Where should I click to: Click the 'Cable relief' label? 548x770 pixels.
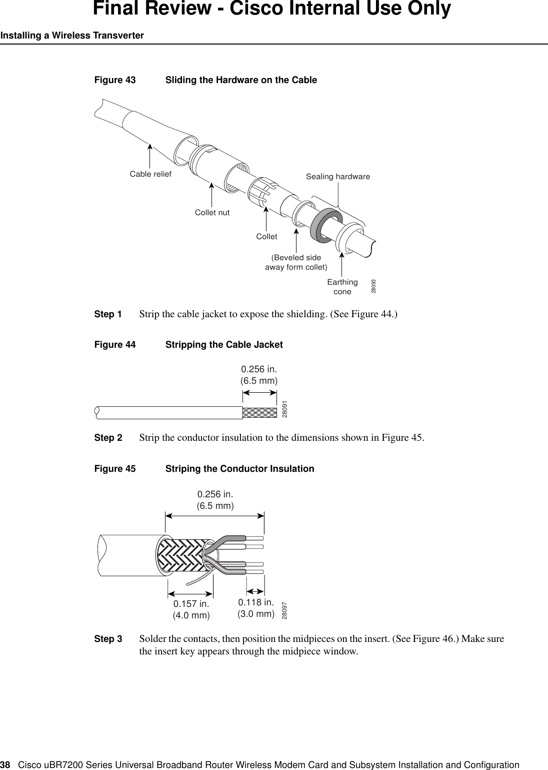coord(150,174)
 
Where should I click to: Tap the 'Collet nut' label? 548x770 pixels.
coord(212,213)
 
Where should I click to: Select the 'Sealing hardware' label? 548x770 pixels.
coord(338,177)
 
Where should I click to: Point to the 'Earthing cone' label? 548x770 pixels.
coord(342,287)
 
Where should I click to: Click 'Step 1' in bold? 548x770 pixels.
coord(108,315)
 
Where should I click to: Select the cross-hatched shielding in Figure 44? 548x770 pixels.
coord(259,412)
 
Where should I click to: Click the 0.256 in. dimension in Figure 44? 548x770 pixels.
coord(259,375)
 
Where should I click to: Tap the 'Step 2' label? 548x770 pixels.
coord(108,438)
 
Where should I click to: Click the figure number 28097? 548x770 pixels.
coord(284,610)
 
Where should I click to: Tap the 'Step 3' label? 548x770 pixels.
coord(108,639)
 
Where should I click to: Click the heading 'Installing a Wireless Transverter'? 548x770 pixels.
coord(72,36)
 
